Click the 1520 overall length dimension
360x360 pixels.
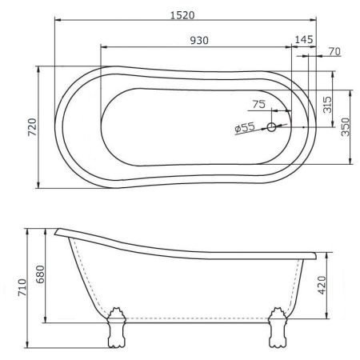click(x=182, y=15)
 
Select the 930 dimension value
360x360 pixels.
click(x=199, y=40)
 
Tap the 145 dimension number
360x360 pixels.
click(x=304, y=40)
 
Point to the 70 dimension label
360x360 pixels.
click(x=334, y=51)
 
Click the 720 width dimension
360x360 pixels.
click(x=32, y=127)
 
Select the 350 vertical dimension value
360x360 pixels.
click(x=345, y=127)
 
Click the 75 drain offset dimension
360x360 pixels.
click(x=259, y=104)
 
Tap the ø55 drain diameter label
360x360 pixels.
click(x=245, y=127)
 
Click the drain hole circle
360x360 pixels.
click(x=271, y=127)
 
